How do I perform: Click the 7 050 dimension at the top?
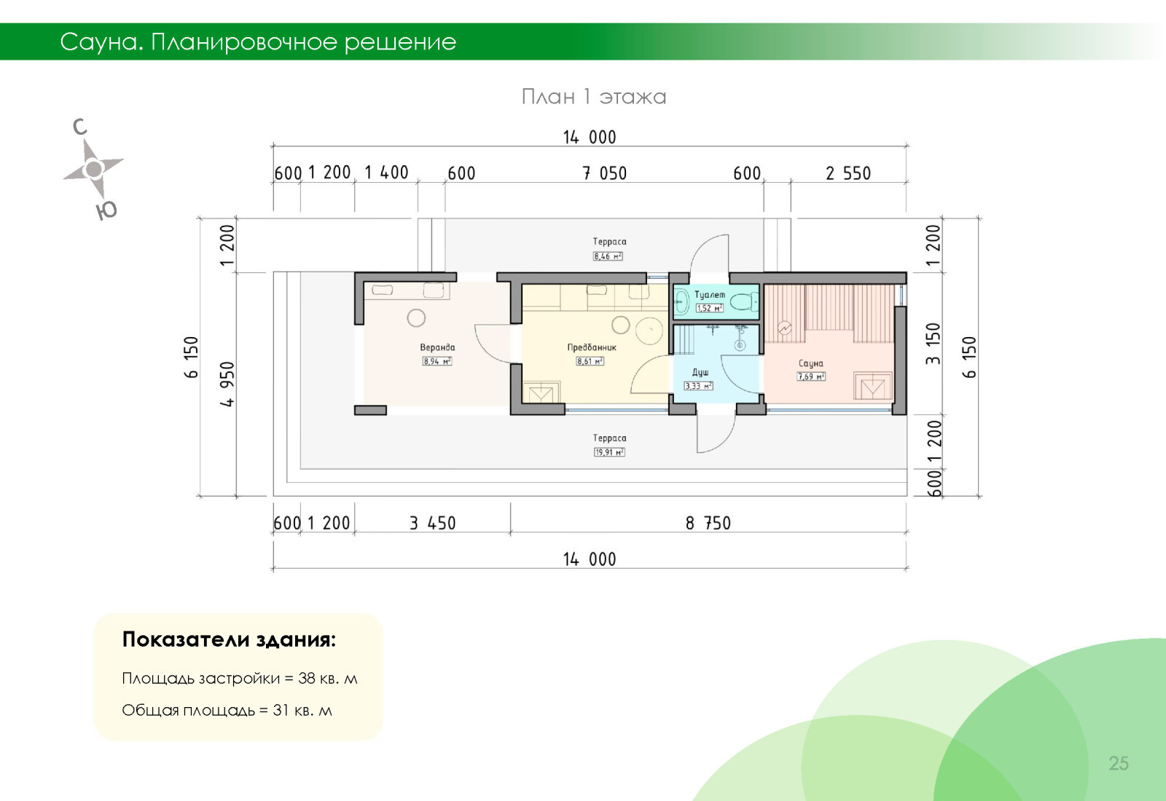[x=604, y=173]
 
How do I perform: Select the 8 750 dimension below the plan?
[x=708, y=523]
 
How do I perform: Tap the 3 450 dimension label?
[x=433, y=523]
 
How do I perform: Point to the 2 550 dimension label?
[x=848, y=173]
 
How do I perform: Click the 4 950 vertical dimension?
[x=227, y=384]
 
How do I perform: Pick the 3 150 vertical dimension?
[x=933, y=343]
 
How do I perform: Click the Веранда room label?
[x=437, y=347]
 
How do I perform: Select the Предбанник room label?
[x=591, y=347]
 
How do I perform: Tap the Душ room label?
[x=700, y=372]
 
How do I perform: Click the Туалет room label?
[x=710, y=295]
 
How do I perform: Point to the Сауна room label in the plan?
[x=811, y=363]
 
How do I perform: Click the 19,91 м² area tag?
[x=609, y=452]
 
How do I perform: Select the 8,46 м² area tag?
[x=608, y=256]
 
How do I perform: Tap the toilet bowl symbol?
[x=744, y=301]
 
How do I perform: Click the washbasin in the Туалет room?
[x=681, y=301]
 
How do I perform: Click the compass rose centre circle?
[x=94, y=168]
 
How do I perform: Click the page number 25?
[x=1119, y=763]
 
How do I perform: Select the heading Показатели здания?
[x=229, y=639]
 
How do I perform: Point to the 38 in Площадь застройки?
[x=307, y=678]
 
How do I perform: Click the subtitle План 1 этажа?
[x=594, y=97]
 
